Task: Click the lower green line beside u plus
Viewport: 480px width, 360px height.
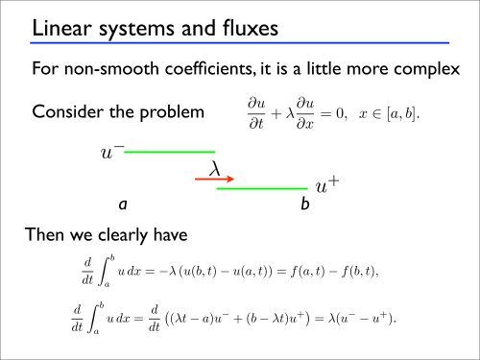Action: click(x=261, y=188)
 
